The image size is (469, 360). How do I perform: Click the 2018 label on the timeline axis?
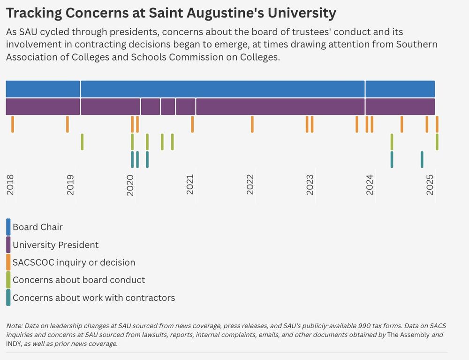coord(10,185)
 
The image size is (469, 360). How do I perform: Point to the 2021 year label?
coord(190,185)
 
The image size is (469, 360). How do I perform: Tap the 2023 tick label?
coord(310,185)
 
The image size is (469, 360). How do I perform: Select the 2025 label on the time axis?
coord(430,185)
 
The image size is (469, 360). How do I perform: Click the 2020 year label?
coord(130,185)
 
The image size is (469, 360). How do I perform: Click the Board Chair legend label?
coord(38,227)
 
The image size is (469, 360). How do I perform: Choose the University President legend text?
coord(55,245)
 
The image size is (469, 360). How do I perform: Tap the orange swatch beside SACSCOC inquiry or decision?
coord(8,262)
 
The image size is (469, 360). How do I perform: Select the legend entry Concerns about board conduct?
coord(79,280)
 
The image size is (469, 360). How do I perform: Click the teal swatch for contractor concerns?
coord(8,298)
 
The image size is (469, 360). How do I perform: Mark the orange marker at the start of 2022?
coord(252,124)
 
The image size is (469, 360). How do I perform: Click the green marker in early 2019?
coord(82,142)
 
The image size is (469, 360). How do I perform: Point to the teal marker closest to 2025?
coord(422,160)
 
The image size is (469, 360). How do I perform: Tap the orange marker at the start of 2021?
coord(192,124)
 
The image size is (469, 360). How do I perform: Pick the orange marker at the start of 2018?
coord(13,124)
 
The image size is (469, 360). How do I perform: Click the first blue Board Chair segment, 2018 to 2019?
coord(43,89)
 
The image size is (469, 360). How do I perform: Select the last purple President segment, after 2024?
coord(400,107)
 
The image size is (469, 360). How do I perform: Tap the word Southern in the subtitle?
coord(416,45)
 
